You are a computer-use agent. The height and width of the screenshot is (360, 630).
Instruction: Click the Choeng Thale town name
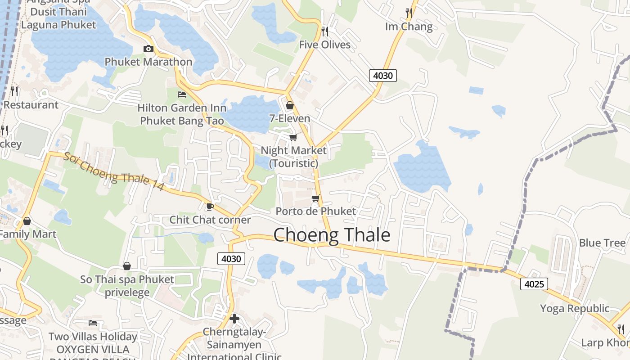(x=332, y=235)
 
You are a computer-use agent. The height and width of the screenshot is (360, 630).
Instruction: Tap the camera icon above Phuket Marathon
(x=148, y=49)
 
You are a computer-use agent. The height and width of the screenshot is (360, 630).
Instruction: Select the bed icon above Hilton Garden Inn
(x=182, y=94)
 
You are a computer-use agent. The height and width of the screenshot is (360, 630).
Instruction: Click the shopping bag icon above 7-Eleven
(x=290, y=105)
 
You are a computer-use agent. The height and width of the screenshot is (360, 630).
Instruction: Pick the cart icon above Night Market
(x=293, y=137)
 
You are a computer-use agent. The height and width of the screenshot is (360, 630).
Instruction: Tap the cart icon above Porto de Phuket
(x=315, y=198)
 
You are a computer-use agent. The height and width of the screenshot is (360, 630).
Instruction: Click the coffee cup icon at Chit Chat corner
(x=210, y=207)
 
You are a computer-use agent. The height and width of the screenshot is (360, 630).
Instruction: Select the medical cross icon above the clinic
(x=234, y=319)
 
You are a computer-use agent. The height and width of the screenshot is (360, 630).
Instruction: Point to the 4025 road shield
(x=535, y=284)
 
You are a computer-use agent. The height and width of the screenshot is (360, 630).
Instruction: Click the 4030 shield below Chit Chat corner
(x=232, y=259)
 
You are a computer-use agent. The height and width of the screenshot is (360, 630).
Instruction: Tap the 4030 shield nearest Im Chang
(x=383, y=76)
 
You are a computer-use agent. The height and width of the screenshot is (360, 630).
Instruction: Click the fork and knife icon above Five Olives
(x=324, y=31)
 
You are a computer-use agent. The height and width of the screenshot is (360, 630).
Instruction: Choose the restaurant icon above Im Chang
(x=409, y=13)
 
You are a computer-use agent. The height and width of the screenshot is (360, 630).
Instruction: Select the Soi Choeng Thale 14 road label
(x=113, y=171)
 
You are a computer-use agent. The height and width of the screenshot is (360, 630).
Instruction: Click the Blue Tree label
(x=602, y=243)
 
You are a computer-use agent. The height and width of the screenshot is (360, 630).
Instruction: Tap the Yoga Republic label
(x=575, y=309)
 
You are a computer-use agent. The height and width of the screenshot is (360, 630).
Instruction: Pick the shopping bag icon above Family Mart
(x=27, y=221)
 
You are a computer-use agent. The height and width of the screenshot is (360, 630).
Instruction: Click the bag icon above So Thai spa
(x=127, y=266)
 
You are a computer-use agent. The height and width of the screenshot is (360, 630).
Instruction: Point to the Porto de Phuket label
(x=315, y=211)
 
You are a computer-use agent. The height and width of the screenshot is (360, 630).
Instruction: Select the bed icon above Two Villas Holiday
(x=93, y=323)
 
